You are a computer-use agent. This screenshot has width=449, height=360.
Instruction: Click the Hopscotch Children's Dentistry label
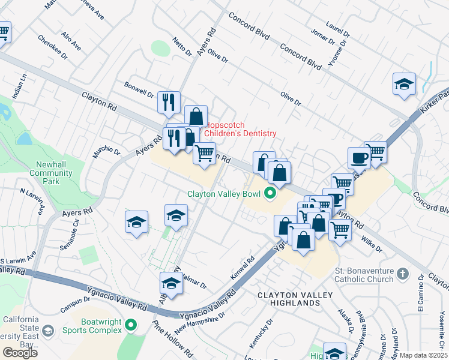240,129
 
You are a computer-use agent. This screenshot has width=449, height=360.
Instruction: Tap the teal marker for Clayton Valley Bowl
270,193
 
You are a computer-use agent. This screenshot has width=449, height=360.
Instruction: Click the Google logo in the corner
20,352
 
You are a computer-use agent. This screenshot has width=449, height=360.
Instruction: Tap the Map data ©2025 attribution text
423,355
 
